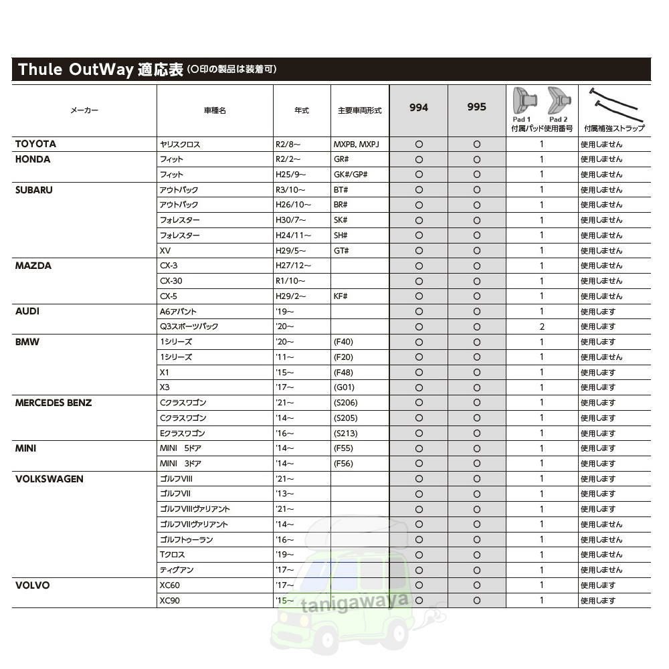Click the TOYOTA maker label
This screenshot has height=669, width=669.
[x=35, y=144]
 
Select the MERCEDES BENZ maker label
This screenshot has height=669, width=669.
[x=54, y=403]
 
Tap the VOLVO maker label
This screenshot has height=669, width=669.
[x=32, y=585]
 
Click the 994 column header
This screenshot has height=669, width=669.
[x=419, y=107]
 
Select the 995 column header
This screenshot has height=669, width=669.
[x=476, y=107]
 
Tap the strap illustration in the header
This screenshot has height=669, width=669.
[x=613, y=104]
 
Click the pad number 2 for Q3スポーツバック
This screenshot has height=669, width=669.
[x=542, y=326]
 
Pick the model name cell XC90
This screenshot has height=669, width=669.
[x=169, y=601]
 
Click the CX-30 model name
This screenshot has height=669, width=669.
[x=171, y=281]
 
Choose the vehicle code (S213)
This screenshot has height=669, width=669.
[x=345, y=433]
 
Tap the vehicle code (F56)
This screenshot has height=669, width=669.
[x=343, y=464]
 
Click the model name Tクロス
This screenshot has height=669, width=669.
[x=172, y=555]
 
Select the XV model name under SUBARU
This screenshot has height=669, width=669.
[x=165, y=250]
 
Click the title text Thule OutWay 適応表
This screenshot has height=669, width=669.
[x=100, y=70]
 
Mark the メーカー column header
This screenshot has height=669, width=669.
[x=84, y=110]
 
